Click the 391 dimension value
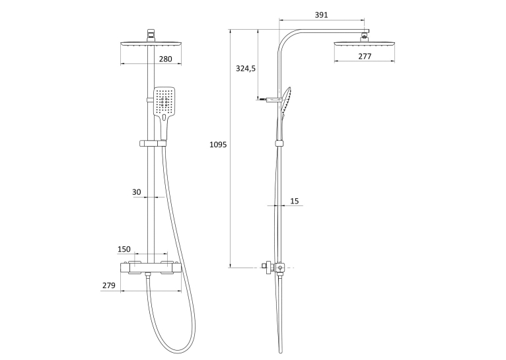(x=321, y=15)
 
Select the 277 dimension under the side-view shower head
(x=365, y=56)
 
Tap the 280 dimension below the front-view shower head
(x=166, y=59)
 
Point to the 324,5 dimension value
(x=246, y=69)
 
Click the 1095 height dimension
(x=218, y=145)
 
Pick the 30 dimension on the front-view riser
(x=137, y=192)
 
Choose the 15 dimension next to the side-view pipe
(x=295, y=201)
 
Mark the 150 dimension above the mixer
(x=124, y=249)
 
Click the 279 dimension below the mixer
(x=109, y=285)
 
